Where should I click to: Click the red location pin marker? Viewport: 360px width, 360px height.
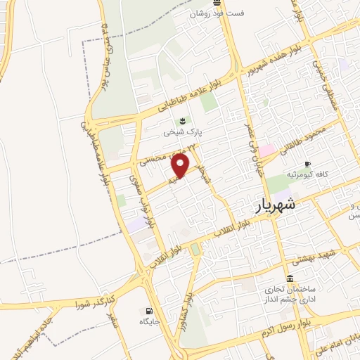coord(181,165)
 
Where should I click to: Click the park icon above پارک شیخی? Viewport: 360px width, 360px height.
coord(183,120)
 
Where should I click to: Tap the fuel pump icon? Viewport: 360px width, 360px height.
coord(148,311)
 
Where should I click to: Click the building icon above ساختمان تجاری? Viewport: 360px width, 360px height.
coord(290,278)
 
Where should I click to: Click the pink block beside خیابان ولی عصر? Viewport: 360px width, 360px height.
coord(266,150)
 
